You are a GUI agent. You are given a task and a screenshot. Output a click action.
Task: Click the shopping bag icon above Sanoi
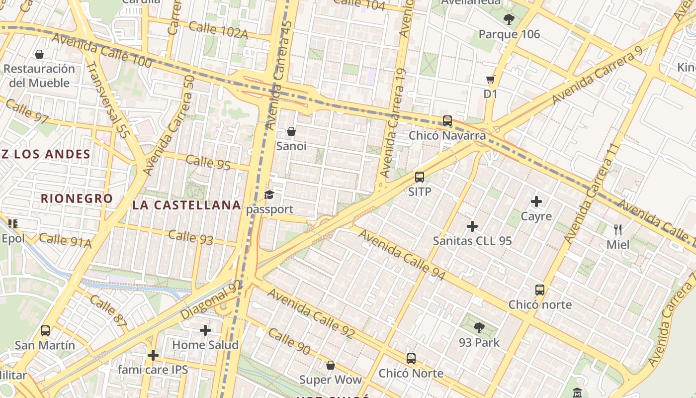point(291,131)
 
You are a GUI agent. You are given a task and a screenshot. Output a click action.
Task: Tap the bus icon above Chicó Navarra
point(447,120)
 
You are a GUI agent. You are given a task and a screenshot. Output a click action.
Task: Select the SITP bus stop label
point(420,192)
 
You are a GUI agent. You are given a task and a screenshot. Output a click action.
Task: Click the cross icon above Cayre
point(536,201)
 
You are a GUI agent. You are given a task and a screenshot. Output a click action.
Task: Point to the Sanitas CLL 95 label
point(472,241)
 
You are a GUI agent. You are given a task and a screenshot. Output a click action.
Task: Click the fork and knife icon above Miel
point(618,229)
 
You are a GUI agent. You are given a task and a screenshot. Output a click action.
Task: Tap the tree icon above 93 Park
point(479,327)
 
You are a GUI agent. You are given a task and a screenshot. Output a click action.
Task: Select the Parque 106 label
point(509,34)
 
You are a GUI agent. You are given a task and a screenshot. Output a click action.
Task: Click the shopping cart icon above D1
point(491,79)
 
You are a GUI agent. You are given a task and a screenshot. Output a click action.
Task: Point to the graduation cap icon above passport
point(269,195)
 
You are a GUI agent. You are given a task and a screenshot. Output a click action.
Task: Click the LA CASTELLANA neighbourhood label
point(187,205)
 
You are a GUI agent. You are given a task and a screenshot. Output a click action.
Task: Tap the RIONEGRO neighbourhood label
point(77,199)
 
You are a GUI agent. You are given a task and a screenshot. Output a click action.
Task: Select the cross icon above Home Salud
point(205,330)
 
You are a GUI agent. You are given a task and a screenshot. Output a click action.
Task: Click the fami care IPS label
point(153,370)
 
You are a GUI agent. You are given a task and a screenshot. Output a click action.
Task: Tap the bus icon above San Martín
point(45,330)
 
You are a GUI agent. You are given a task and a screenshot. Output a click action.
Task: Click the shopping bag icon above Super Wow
point(331,366)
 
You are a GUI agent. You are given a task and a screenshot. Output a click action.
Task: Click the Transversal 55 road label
point(107,100)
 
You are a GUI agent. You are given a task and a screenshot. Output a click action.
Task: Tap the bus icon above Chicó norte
point(540,290)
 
